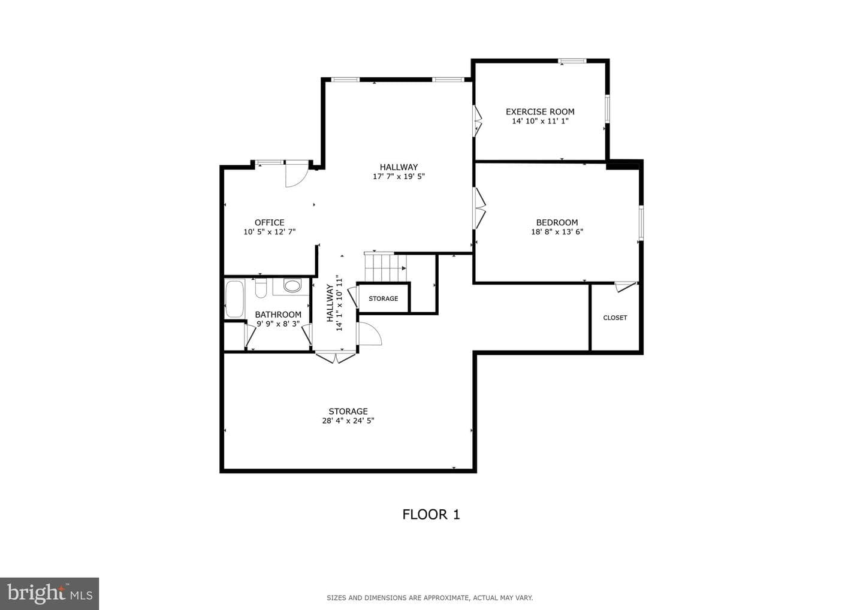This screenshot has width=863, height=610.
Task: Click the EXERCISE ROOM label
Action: (540, 111)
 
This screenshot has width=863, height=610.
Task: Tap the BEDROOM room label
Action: (557, 222)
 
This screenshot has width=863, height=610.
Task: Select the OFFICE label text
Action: (269, 222)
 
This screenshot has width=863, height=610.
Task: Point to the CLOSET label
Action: (615, 318)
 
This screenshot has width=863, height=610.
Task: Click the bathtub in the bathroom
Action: (234, 299)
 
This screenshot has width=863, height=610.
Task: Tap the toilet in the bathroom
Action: (261, 288)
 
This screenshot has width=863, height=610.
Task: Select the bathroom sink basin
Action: (292, 286)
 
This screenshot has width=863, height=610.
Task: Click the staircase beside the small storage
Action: (385, 267)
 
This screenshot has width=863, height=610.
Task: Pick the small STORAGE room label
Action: (384, 298)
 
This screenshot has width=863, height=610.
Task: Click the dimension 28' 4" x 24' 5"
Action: (348, 421)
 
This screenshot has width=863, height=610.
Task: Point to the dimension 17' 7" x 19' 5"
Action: (399, 176)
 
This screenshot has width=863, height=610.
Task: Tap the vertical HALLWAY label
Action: (330, 303)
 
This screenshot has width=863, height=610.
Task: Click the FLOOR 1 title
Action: (431, 515)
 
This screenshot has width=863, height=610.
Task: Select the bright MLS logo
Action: (49, 593)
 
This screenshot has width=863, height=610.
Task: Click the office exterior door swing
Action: (297, 174)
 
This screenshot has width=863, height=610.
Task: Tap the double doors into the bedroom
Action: (479, 208)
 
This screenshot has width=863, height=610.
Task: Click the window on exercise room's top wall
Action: (572, 61)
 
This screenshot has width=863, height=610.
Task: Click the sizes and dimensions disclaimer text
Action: (430, 597)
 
